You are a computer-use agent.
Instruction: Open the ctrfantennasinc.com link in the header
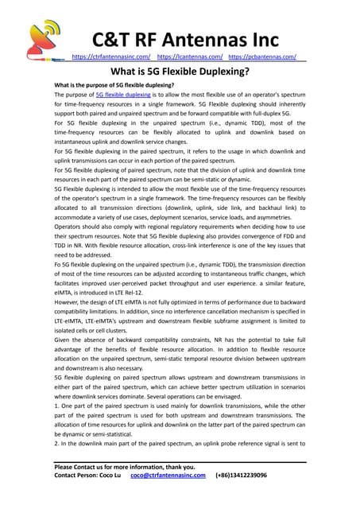tap(110, 57)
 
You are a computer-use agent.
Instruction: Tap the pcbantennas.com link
tap(262, 57)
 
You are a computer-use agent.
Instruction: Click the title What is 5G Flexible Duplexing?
tap(180, 72)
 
